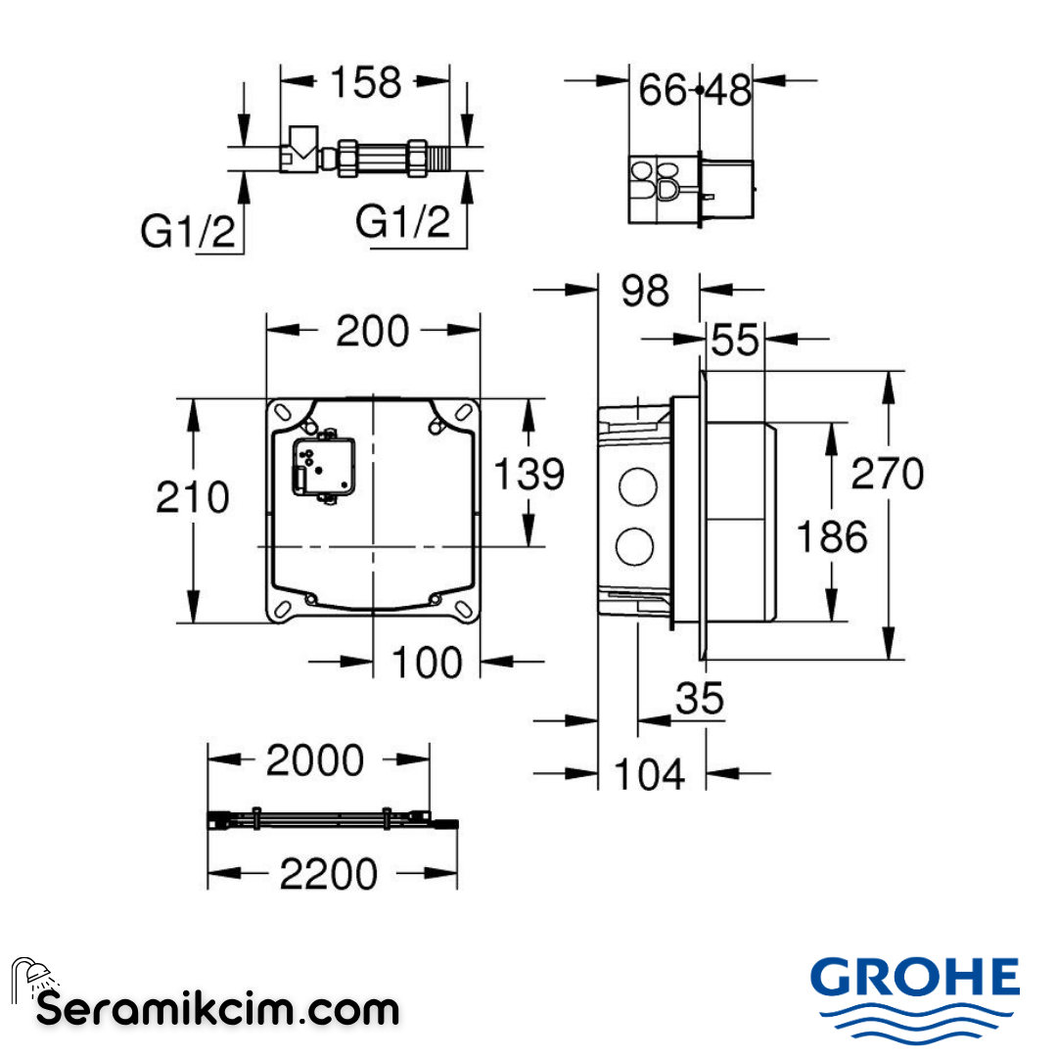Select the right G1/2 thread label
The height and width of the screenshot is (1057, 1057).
(403, 224)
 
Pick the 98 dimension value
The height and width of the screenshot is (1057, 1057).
(645, 291)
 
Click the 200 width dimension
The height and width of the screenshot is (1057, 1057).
(372, 332)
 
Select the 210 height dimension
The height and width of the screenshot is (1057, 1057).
(193, 497)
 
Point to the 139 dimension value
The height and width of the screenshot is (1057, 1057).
(528, 475)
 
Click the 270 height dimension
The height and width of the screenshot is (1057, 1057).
(887, 475)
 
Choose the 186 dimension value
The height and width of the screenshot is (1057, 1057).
(831, 537)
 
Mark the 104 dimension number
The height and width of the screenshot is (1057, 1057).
(650, 775)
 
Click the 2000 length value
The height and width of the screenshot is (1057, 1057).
(315, 760)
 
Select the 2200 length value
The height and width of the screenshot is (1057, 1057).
(329, 874)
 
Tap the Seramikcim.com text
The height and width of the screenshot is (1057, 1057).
(217, 1008)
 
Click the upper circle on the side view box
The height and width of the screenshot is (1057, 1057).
(636, 486)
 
